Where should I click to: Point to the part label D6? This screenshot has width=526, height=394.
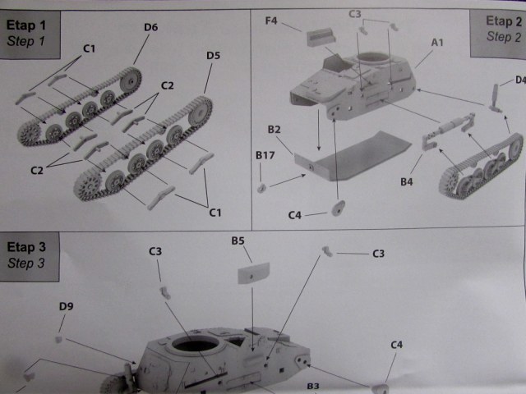150,27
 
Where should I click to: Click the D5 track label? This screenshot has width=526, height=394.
213,56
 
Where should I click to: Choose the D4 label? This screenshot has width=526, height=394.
519,80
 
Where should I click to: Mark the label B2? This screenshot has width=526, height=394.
275,130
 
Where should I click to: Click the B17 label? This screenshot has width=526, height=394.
264,154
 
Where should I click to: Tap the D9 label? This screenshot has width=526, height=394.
67,307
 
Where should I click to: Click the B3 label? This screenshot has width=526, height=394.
312,385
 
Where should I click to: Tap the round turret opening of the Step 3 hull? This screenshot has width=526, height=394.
195,346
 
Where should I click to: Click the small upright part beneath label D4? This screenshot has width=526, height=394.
496,98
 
